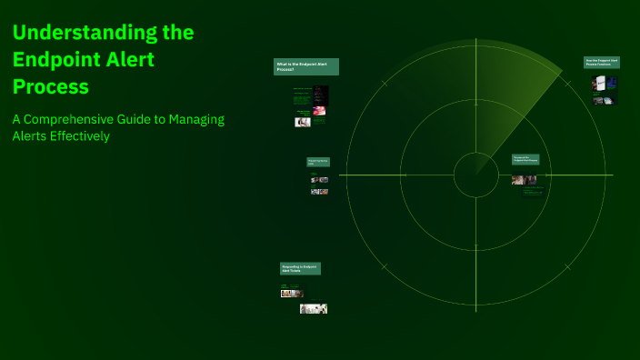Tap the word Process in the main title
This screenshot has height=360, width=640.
51,87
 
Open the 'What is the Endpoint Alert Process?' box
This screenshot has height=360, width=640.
306,66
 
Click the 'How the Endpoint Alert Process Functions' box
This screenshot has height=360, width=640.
601,63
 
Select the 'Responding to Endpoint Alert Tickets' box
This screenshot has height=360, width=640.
300,269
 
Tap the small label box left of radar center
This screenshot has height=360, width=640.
317,162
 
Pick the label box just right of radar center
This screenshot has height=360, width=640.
526,158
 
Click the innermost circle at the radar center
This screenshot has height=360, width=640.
475,175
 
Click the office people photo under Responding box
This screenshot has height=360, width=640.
314,309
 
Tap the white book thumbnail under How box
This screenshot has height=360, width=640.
599,84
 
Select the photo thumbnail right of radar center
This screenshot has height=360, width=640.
524,180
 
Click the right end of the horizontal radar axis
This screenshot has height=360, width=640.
612,175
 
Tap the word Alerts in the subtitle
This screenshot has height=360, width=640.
31,136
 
